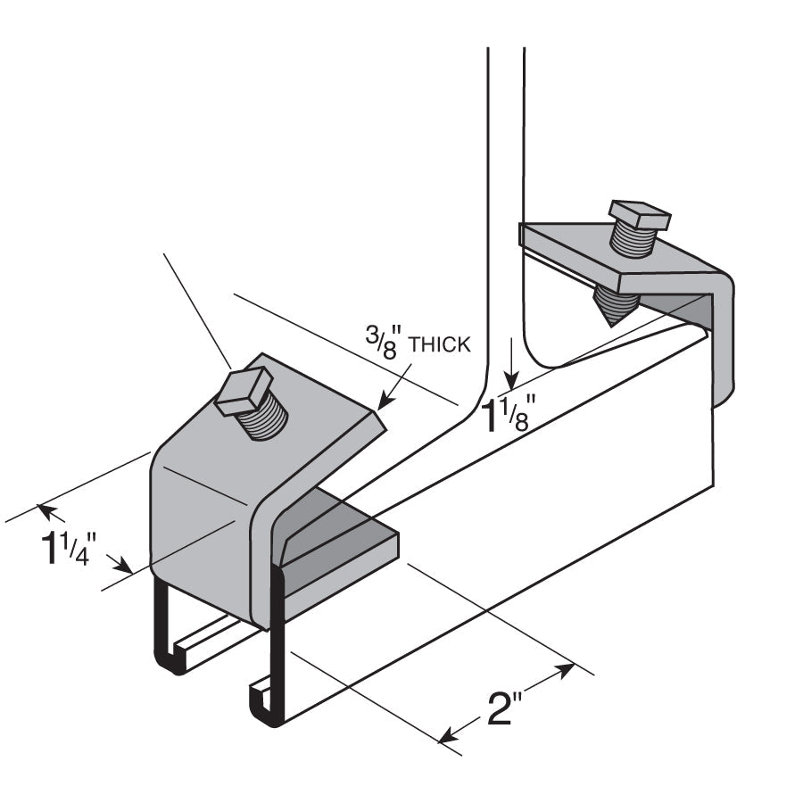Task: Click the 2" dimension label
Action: pyautogui.click(x=500, y=708)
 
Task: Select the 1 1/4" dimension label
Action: pyautogui.click(x=69, y=549)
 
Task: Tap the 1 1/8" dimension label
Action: pyautogui.click(x=510, y=415)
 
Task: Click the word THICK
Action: pyautogui.click(x=439, y=344)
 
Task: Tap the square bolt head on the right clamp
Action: pyautogui.click(x=640, y=215)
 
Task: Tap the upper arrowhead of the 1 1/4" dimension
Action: pyautogui.click(x=46, y=510)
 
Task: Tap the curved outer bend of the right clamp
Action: pyautogui.click(x=723, y=338)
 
